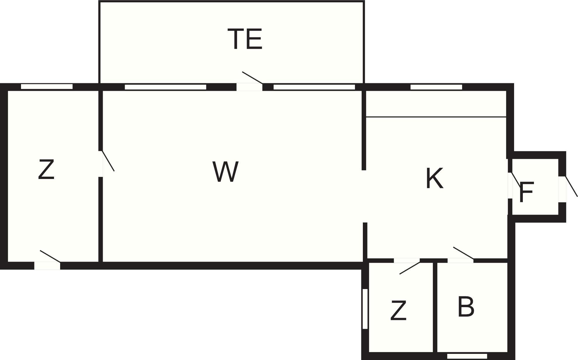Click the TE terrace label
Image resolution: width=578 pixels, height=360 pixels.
click(x=245, y=39)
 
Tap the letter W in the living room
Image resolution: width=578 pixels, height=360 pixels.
click(x=226, y=172)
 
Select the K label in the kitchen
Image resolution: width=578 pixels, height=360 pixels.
click(x=435, y=178)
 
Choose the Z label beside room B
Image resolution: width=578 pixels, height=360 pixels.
click(x=398, y=311)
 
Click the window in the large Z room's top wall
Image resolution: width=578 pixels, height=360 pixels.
click(x=47, y=87)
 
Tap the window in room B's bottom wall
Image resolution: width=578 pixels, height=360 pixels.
click(x=467, y=356)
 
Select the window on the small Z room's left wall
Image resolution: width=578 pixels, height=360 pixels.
click(x=365, y=309)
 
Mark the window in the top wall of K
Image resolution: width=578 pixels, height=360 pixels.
click(x=436, y=87)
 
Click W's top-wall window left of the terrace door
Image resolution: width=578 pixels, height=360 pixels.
click(x=166, y=87)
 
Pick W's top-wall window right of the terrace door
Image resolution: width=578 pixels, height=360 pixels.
click(x=314, y=87)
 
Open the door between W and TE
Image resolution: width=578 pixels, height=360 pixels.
click(x=250, y=87)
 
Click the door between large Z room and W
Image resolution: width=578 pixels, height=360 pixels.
click(x=101, y=164)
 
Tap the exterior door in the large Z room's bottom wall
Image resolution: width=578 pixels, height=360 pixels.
click(x=47, y=266)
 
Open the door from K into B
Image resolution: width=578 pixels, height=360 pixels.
click(x=461, y=260)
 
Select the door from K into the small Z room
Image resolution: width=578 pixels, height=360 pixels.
click(x=407, y=260)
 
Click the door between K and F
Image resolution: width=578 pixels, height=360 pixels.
click(x=510, y=185)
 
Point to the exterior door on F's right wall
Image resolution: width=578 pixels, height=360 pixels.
click(x=563, y=189)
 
